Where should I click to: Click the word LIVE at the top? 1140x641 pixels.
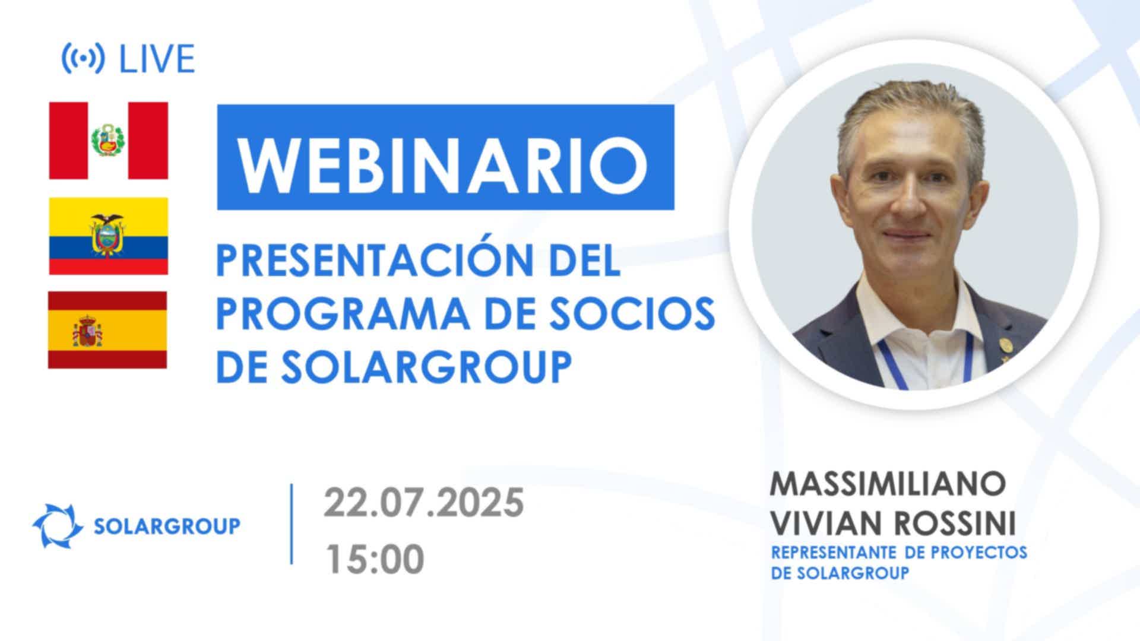pos(157,59)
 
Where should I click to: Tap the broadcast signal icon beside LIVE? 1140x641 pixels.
pos(83,58)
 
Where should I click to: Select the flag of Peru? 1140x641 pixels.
pos(109,141)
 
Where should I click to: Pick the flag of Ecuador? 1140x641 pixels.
pos(109,236)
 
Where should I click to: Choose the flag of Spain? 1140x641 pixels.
pos(107,330)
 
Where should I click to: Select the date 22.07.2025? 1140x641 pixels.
pos(423,503)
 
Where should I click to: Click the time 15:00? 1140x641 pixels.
pos(375,559)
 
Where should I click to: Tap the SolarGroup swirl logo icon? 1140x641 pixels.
pos(58,526)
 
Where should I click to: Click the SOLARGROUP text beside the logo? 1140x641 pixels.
pos(167,526)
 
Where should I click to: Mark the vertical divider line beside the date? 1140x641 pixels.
pos(291,524)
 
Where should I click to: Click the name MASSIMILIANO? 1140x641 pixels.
pos(888,484)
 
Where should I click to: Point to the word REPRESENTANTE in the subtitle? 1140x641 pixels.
pos(834,552)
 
